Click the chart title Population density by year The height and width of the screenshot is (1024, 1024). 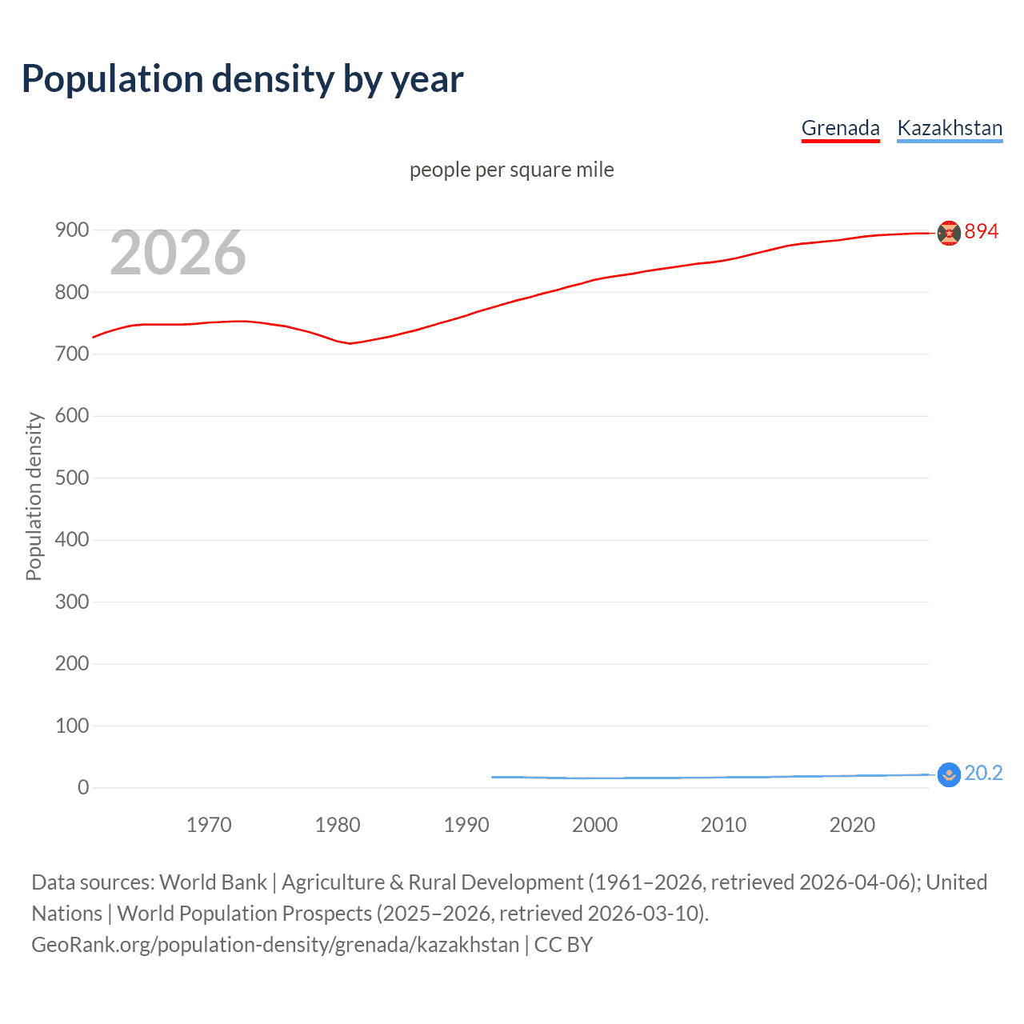point(242,79)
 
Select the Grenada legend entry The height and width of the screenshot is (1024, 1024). point(840,128)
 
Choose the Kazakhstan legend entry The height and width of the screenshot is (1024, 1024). point(950,128)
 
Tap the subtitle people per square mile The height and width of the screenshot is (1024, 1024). point(511,170)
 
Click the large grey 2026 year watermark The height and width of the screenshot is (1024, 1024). point(178,253)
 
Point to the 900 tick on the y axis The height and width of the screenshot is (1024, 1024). point(72,230)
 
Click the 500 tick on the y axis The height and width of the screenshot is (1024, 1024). point(72,478)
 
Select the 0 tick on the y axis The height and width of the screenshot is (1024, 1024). point(83,787)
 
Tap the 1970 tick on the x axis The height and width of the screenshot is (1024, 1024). point(209,825)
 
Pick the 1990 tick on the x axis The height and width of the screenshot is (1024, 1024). point(466,825)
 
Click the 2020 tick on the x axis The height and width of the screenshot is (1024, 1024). point(852,825)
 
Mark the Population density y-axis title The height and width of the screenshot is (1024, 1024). point(34,496)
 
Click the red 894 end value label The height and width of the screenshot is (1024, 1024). point(981,232)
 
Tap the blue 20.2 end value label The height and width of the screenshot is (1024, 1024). point(983,774)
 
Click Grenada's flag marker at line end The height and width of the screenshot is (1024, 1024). point(949,233)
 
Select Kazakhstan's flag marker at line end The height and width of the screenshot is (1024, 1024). point(949,774)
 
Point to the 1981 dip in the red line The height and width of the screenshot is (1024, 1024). point(350,343)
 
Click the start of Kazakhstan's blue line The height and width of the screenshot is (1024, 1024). point(493,777)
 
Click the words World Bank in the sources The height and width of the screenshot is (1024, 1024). point(213,882)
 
